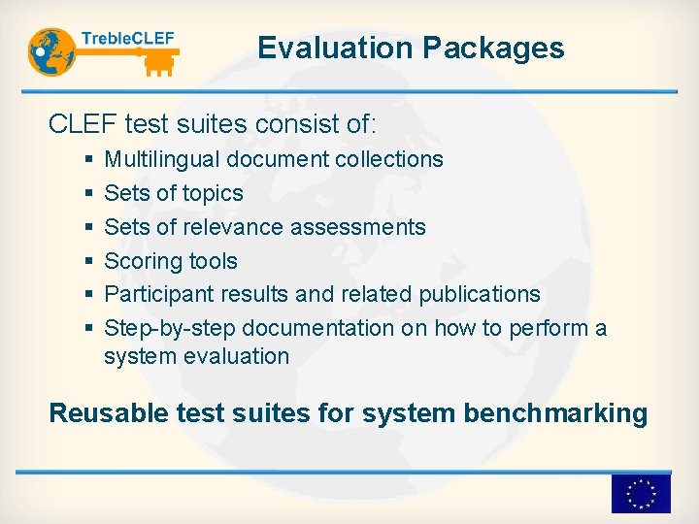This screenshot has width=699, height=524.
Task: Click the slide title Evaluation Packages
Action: tap(411, 48)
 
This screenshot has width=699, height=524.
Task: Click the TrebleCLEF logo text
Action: tap(128, 39)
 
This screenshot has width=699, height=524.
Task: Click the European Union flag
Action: tap(640, 494)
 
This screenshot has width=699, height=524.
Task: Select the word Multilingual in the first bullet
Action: tap(161, 159)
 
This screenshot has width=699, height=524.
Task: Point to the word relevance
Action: tap(233, 227)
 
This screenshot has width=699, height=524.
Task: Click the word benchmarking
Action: tap(554, 413)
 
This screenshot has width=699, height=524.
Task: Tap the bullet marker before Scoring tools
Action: tap(89, 261)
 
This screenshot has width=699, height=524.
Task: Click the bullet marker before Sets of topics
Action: tap(89, 194)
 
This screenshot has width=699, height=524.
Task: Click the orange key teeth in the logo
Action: tap(158, 65)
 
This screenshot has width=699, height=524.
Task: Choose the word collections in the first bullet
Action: tap(389, 159)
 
